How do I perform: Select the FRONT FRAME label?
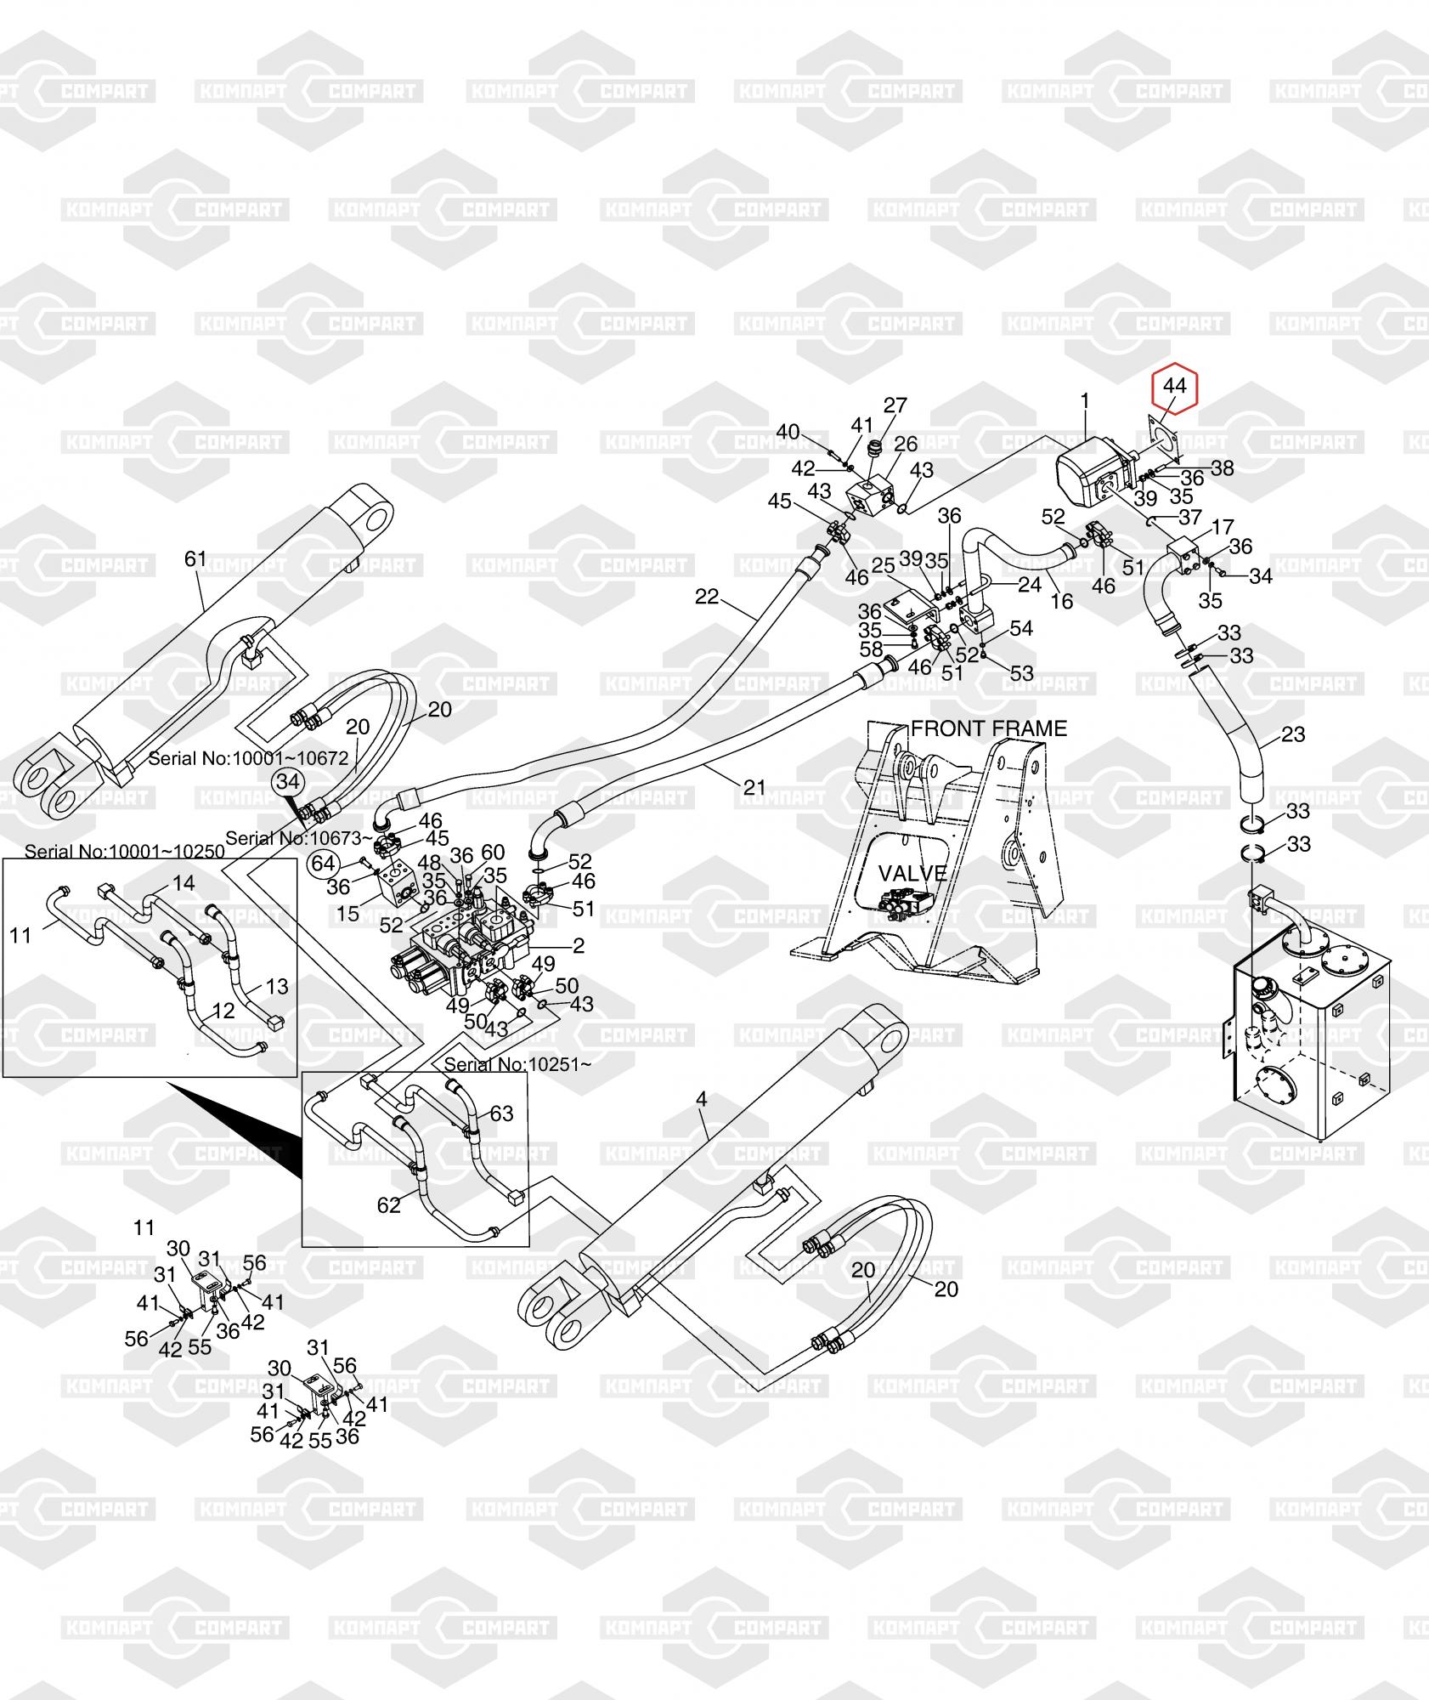coord(989,728)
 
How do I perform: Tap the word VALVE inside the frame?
coord(912,873)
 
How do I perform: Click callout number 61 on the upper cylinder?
coord(195,558)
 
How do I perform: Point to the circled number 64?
coord(324,864)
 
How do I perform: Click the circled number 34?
coord(288,781)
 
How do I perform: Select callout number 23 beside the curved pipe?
coord(1292,734)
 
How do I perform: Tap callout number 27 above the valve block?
coord(895,405)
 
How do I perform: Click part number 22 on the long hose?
coord(707,597)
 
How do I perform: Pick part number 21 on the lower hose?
coord(754,788)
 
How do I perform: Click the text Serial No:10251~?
coord(517,1063)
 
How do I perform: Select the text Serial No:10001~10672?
coord(248,758)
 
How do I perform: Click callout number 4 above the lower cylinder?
coord(701,1099)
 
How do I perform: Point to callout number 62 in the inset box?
coord(389,1205)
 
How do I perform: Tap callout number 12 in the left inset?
coord(223,1011)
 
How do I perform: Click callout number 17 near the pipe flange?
coord(1222,527)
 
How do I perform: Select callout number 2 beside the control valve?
coord(579,945)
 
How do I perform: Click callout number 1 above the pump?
coord(1084,399)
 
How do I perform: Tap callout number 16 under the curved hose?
coord(1062,601)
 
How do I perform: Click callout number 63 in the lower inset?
coord(502,1113)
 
